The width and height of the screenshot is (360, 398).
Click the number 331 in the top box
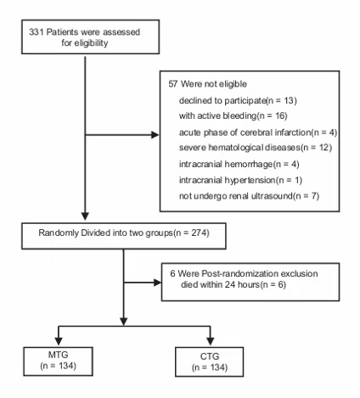point(36,32)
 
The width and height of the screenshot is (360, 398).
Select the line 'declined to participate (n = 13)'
point(238,100)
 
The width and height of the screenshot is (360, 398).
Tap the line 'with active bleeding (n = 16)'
point(233,115)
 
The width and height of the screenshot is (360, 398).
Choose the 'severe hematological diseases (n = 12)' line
point(256,148)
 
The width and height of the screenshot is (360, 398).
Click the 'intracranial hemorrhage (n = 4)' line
point(239,164)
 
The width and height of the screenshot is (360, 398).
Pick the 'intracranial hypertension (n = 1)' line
point(240,180)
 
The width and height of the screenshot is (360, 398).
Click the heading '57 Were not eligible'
point(207,84)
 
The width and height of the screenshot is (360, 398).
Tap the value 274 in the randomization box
point(199,233)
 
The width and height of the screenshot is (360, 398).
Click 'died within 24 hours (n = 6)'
point(233,284)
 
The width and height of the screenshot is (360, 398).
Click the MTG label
point(58,355)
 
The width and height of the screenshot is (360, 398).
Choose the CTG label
point(210,356)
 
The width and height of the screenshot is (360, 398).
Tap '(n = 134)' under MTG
point(58,366)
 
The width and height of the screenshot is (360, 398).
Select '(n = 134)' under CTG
point(210,367)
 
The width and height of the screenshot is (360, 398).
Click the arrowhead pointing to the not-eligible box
point(155,135)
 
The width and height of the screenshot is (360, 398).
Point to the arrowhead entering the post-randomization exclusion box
point(157,283)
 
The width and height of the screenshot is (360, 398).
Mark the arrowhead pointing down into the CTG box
point(211,341)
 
